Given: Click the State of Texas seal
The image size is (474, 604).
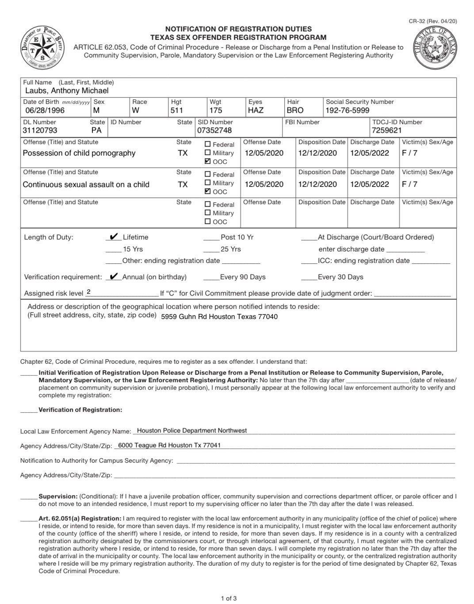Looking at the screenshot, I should point(435,48).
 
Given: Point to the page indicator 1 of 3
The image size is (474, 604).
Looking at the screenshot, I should point(229,599).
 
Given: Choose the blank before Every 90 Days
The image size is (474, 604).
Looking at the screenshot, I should point(211,277).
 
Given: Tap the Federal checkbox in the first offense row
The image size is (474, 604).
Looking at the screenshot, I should point(208,144).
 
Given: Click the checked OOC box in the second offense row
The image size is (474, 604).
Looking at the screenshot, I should point(208,191).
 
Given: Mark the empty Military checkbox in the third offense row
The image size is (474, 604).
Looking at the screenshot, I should point(208,213).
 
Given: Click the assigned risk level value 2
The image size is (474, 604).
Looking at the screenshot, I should point(89,292).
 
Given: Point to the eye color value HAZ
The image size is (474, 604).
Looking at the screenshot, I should point(256,110).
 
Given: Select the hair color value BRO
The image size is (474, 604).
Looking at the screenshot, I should point(295,110).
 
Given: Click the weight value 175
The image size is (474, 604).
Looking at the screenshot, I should point(216,110).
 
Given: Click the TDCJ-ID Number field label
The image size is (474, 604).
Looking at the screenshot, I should point(397,122).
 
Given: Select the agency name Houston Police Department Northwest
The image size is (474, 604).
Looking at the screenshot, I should point(192,430).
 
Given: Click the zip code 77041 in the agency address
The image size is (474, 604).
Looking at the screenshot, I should point(212,445).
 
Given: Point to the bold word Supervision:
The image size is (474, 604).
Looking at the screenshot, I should point(58,496).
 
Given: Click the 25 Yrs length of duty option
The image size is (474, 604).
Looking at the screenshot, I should point(230,249).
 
